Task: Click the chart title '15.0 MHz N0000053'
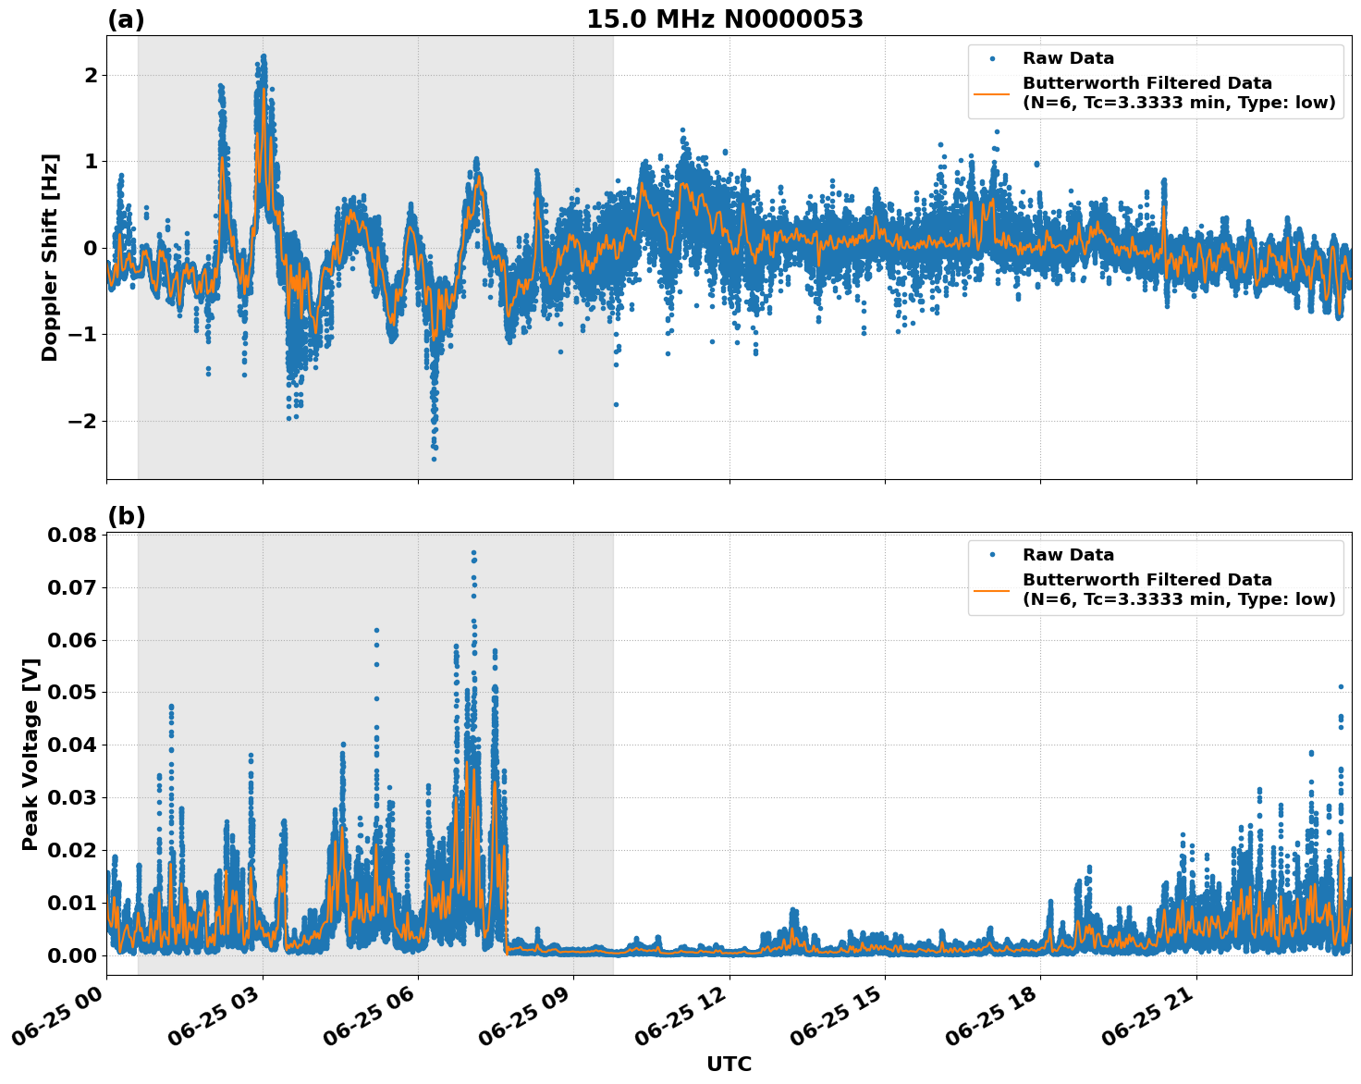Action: click(x=725, y=19)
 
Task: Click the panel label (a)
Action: click(x=126, y=19)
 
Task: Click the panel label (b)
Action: click(x=126, y=516)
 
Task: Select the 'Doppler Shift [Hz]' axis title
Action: click(x=50, y=257)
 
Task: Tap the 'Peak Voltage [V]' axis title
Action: click(x=31, y=754)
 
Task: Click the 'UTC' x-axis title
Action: click(x=729, y=1064)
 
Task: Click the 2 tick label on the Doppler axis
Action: click(x=91, y=75)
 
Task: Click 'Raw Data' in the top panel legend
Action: click(x=1068, y=58)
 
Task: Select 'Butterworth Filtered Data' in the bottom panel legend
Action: click(x=1146, y=580)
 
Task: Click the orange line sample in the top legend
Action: click(x=992, y=93)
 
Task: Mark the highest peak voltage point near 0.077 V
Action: click(x=473, y=553)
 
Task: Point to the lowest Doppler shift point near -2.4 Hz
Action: click(x=434, y=459)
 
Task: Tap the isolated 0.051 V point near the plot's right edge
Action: click(x=1341, y=686)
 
